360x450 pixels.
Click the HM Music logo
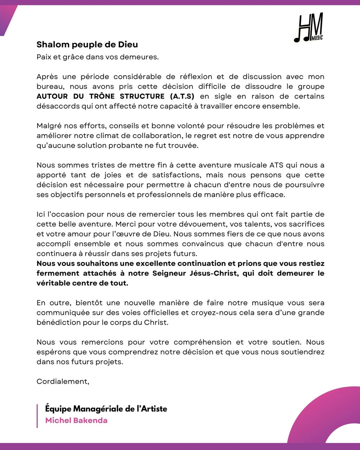click(309, 28)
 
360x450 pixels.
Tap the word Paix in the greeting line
click(44, 57)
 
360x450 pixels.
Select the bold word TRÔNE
click(102, 96)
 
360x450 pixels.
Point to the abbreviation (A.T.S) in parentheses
click(182, 96)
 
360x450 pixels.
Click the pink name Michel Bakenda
click(76, 420)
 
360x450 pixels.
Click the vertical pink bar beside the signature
click(37, 416)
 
